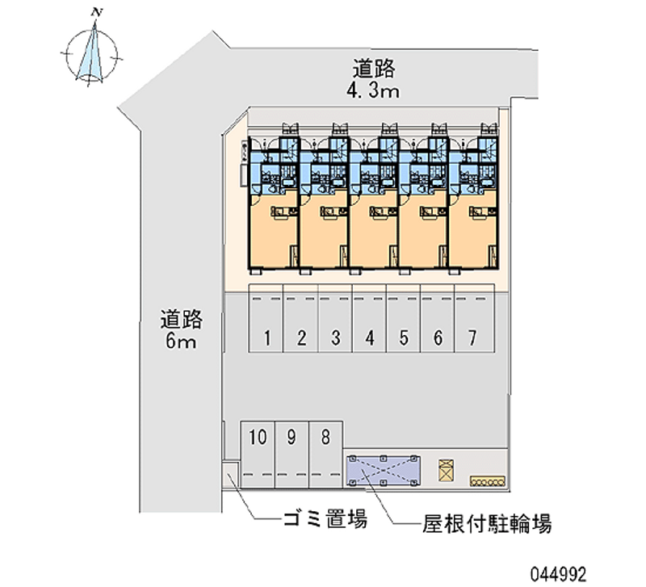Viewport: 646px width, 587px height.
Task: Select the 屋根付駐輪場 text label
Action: (476, 525)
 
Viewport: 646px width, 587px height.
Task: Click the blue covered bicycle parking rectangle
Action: (383, 469)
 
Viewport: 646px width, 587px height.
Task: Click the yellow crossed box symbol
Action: (445, 469)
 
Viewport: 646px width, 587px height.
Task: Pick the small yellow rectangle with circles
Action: (488, 480)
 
